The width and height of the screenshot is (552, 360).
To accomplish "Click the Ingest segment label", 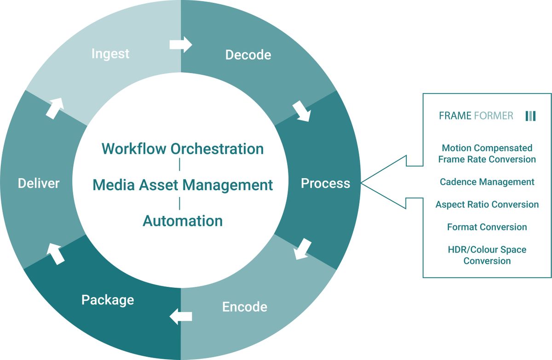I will click(110, 54).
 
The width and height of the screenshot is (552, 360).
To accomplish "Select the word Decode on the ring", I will click(248, 55).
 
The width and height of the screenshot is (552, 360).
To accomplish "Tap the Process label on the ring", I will click(325, 184).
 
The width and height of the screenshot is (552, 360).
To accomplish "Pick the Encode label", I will click(245, 307).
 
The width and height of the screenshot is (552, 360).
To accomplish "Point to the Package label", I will click(108, 300).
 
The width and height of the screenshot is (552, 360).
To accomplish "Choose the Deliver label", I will click(39, 184).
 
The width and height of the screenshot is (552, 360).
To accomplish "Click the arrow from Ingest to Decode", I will click(180, 45).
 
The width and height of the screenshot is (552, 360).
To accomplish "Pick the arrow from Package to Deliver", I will click(56, 255).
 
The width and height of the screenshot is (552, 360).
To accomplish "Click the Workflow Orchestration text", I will click(183, 149).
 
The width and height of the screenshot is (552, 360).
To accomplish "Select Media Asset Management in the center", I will click(183, 185).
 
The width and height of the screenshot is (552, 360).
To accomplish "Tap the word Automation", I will click(183, 221).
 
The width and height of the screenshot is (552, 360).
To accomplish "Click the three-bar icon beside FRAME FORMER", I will click(530, 116).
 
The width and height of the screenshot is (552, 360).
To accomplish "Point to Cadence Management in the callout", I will click(487, 182).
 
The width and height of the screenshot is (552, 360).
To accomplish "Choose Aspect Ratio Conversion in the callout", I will click(487, 204).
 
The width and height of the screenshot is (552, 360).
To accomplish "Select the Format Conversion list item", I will click(487, 227).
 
